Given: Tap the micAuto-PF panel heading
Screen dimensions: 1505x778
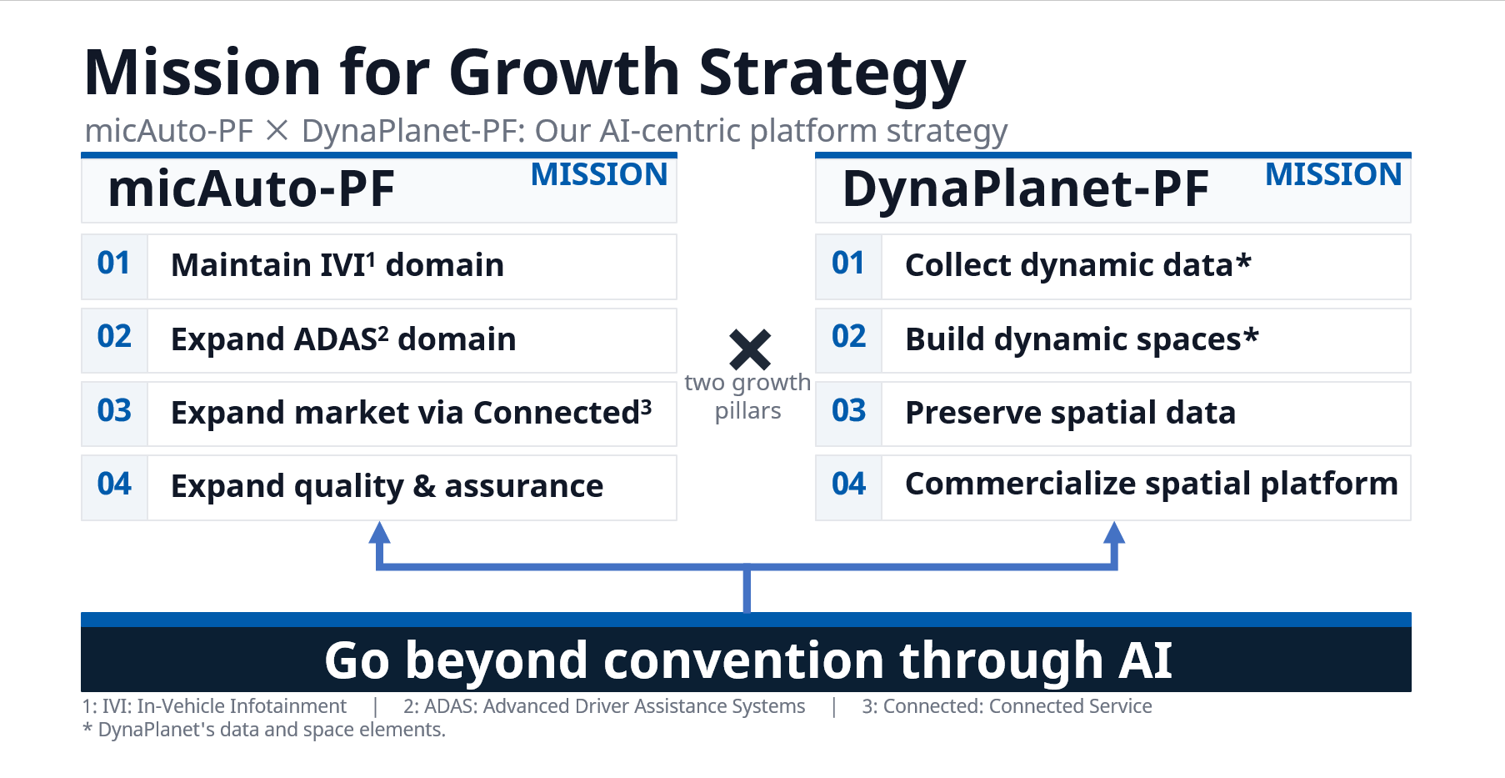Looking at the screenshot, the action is tap(252, 188).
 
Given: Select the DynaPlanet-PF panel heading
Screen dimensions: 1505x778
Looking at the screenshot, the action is tap(1026, 188).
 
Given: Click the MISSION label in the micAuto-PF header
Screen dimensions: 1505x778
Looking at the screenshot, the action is tap(599, 174).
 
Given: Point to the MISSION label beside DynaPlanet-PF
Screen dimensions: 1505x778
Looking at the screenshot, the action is tap(1333, 174).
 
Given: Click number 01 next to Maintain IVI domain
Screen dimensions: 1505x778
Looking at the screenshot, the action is tap(114, 264).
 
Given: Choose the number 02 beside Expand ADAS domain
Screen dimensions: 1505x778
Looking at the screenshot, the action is tap(114, 337).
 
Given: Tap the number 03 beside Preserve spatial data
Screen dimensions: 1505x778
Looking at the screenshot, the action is tap(849, 410).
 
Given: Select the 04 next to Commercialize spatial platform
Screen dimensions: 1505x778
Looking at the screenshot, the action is tap(849, 484).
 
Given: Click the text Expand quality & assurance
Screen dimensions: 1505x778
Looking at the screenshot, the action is tap(387, 486).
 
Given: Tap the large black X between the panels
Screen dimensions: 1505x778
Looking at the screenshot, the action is tap(750, 349).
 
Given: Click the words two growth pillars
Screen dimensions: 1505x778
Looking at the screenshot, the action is tap(747, 396).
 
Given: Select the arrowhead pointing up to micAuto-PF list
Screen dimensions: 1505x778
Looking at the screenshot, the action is tap(380, 533).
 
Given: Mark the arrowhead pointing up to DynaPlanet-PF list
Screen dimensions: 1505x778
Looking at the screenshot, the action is tap(1114, 533).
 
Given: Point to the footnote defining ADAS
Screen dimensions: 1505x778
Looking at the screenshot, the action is tap(604, 706).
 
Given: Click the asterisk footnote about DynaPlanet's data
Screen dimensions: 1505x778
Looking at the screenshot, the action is tap(264, 730).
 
